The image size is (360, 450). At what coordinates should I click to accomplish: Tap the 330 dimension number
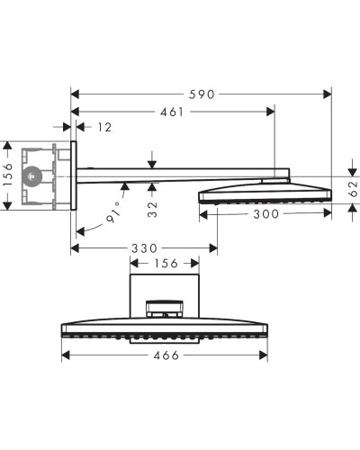pos(144,247)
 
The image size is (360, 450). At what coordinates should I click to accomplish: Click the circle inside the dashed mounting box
pos(32,176)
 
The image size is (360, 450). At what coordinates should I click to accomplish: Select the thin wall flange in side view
pos(75,175)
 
